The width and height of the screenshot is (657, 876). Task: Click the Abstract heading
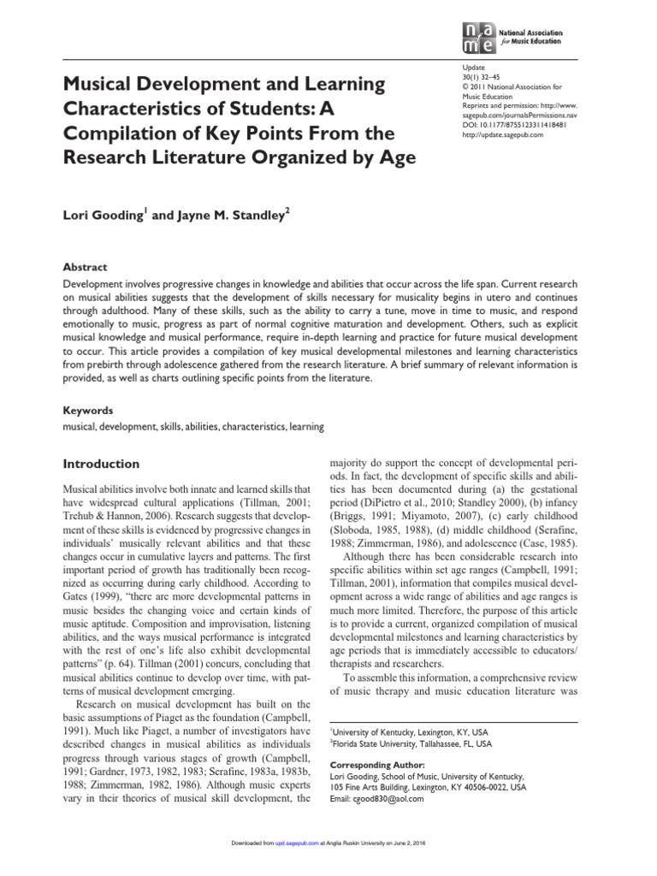(x=87, y=266)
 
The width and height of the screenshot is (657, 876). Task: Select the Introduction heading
(x=102, y=464)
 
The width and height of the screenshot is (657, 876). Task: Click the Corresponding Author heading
(x=377, y=764)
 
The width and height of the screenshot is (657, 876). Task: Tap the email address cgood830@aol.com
(x=376, y=799)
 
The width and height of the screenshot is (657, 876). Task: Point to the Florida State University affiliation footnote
(x=411, y=744)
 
